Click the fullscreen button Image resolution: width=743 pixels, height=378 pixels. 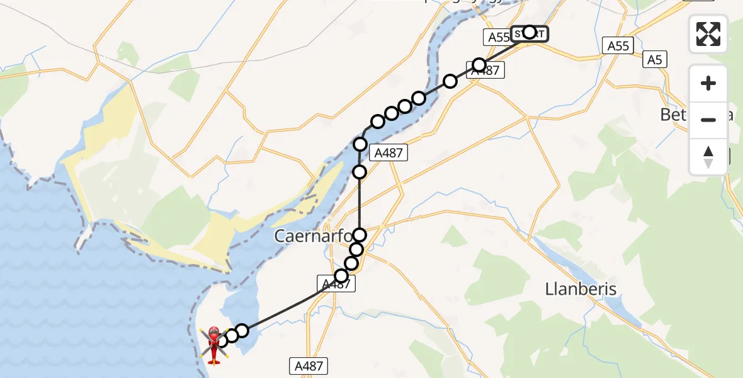click(708, 34)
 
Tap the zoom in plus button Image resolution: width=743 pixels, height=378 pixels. click(708, 83)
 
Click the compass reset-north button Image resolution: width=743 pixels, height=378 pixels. click(708, 157)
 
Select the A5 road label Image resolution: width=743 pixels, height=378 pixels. click(655, 60)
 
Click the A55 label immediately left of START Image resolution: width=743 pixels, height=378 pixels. click(499, 37)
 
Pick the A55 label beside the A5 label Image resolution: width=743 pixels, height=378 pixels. click(618, 45)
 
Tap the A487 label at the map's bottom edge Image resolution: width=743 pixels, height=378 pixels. click(310, 365)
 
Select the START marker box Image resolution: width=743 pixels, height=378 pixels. click(530, 33)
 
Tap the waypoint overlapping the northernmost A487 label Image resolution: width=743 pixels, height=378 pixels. click(480, 65)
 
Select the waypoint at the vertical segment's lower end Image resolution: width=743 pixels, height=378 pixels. click(360, 236)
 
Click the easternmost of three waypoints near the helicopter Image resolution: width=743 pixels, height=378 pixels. click(242, 331)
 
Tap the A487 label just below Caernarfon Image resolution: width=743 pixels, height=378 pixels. click(336, 285)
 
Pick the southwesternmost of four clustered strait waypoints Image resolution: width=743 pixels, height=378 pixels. click(378, 122)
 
